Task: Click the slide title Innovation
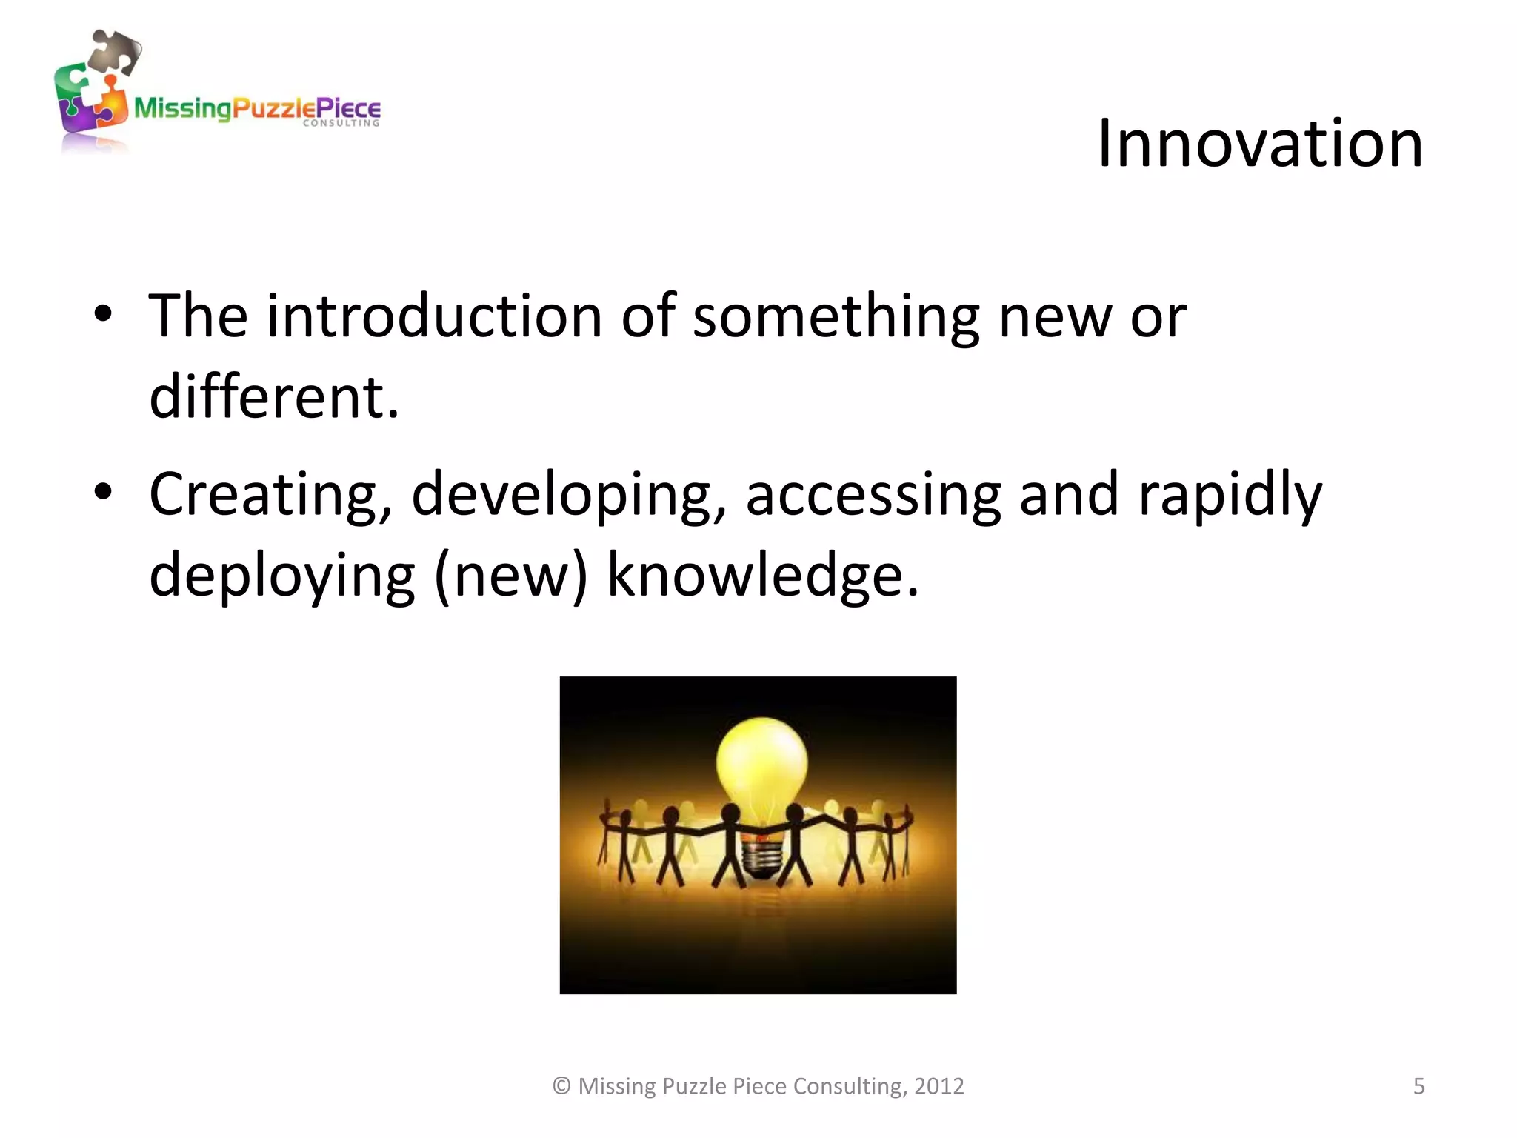pyautogui.click(x=1259, y=144)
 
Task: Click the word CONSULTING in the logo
pyautogui.click(x=341, y=124)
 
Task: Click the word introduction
pyautogui.click(x=434, y=316)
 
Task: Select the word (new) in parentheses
pyautogui.click(x=510, y=576)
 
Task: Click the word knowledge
pyautogui.click(x=763, y=575)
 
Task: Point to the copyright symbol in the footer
pyautogui.click(x=561, y=1086)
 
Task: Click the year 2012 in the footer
pyautogui.click(x=938, y=1086)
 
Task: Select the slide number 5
pyautogui.click(x=1418, y=1086)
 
